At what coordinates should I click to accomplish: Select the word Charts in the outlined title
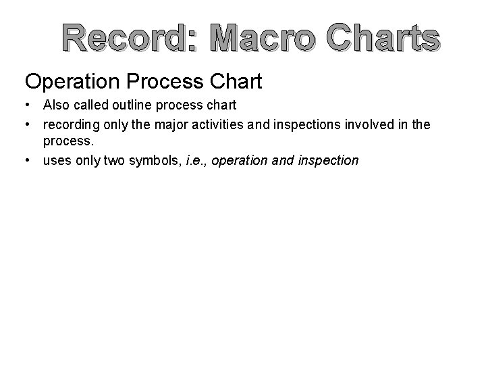[381, 40]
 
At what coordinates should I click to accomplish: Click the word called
[92, 106]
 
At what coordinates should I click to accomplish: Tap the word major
[179, 125]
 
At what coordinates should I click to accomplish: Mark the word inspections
[320, 125]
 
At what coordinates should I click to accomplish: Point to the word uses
[57, 160]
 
